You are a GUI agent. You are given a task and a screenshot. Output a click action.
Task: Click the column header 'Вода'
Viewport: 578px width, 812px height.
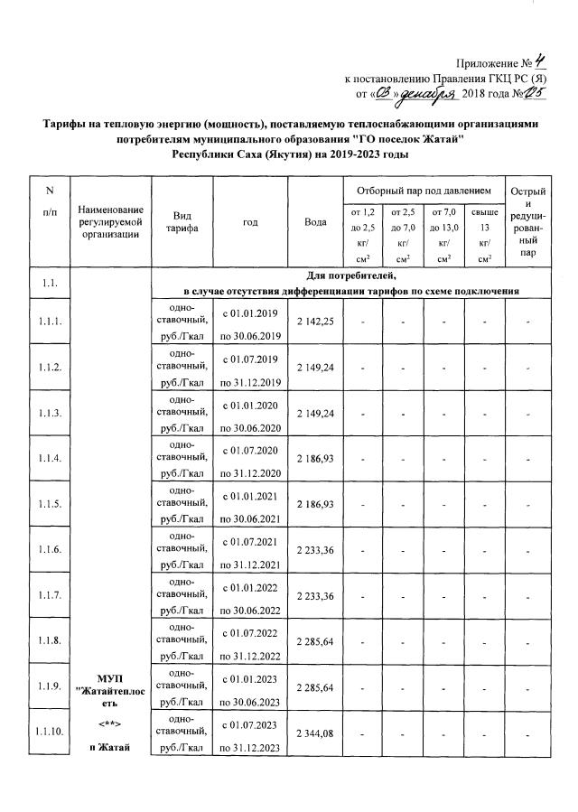point(315,221)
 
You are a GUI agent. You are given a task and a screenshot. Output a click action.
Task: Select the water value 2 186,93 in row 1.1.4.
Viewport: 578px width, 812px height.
point(315,458)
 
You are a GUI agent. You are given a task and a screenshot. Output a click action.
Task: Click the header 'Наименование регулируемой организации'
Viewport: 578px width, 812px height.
point(109,222)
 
